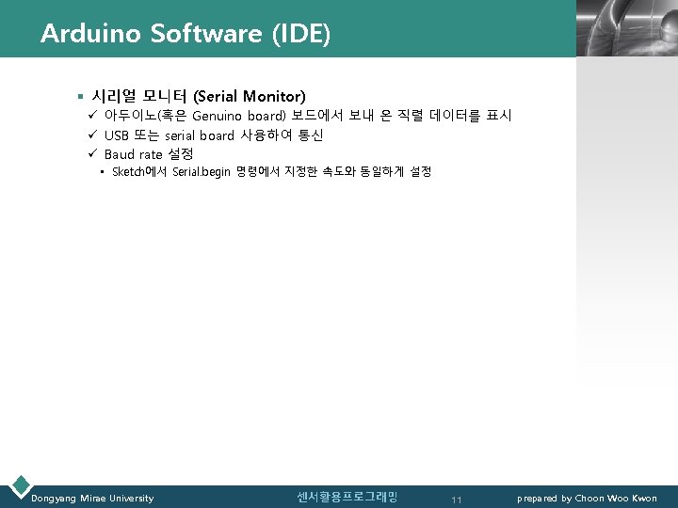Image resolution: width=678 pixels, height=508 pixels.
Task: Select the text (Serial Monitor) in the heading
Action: tap(250, 96)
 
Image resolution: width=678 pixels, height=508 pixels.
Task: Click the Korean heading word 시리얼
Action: tap(115, 96)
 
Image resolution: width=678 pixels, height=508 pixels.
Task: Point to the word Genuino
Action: tap(219, 116)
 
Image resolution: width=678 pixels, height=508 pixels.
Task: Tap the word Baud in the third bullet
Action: tap(120, 153)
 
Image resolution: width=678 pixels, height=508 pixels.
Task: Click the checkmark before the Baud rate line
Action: tap(93, 153)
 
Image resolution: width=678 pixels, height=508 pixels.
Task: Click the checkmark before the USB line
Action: tap(93, 135)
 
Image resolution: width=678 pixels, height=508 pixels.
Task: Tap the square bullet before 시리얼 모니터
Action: tap(82, 97)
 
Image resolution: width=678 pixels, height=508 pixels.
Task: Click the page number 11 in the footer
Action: tap(456, 500)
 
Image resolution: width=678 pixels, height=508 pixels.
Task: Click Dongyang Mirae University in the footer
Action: tap(92, 499)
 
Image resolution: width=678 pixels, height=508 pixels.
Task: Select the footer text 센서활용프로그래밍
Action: tap(347, 497)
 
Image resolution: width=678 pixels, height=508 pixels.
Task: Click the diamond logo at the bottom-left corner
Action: tap(20, 485)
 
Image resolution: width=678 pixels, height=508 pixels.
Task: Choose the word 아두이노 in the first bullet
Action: tap(130, 116)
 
